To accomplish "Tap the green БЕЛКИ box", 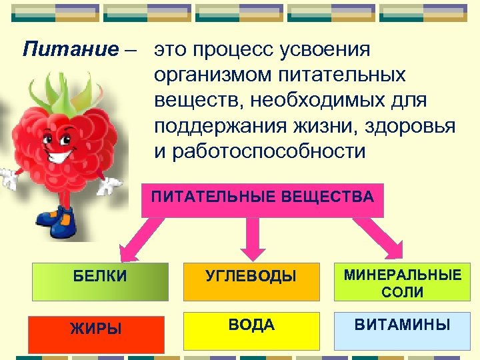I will (x=101, y=280).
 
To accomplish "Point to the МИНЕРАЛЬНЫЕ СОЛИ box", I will (x=402, y=283).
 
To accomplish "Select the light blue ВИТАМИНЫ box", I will (x=402, y=329).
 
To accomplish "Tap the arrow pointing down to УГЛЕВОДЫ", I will (x=253, y=239).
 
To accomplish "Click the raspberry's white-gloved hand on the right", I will (x=110, y=185).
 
